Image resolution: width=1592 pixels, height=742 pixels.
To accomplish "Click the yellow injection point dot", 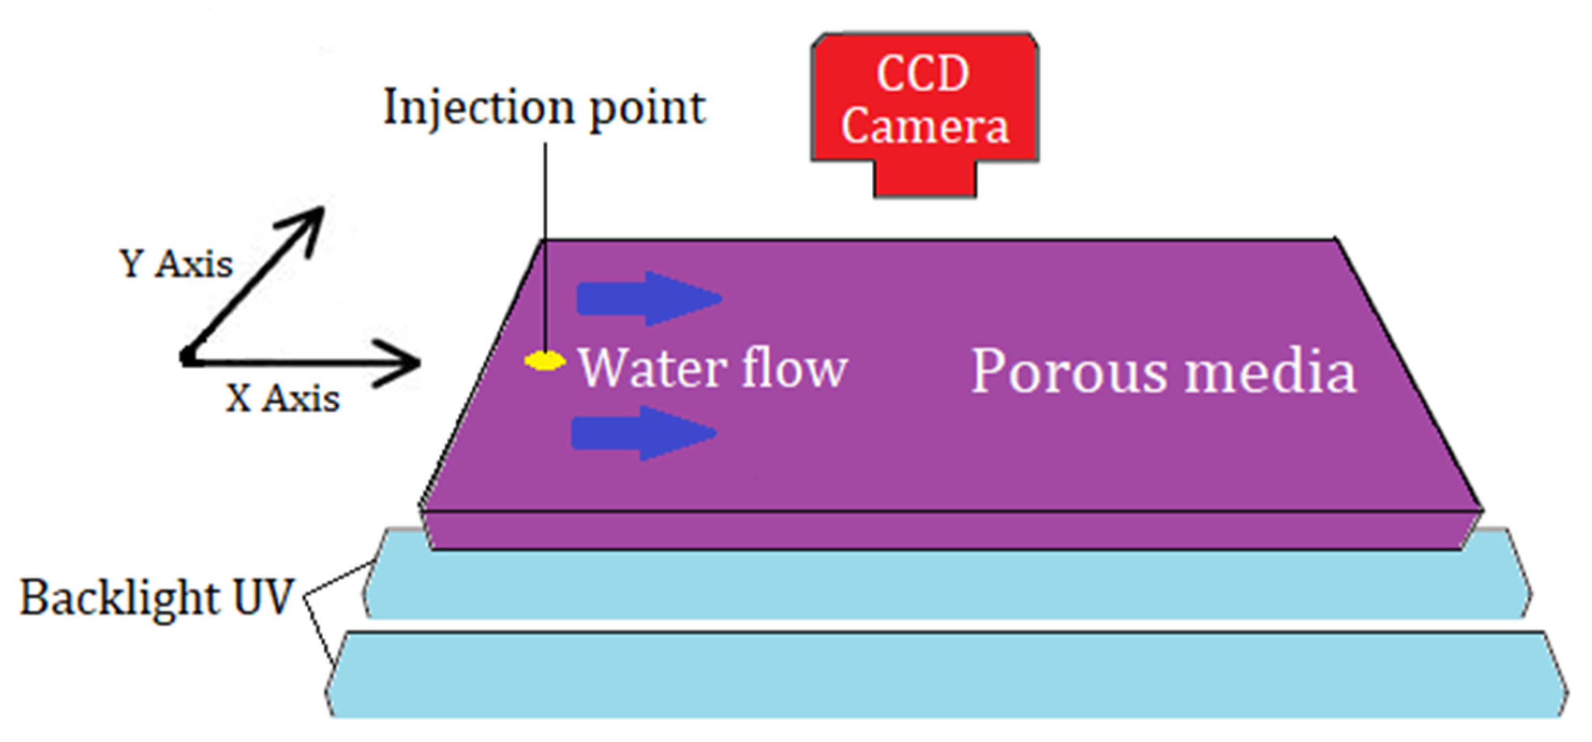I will pos(544,361).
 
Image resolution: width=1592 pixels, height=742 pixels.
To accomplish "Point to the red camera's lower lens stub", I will pos(924,179).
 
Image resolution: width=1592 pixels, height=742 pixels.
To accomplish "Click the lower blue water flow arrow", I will pos(642,433).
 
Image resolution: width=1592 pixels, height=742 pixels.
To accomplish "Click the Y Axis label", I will pos(176,265).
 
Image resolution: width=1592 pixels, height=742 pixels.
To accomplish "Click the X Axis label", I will pos(282,399).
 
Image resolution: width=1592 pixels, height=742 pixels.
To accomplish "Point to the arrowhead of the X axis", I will pos(408,363).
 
